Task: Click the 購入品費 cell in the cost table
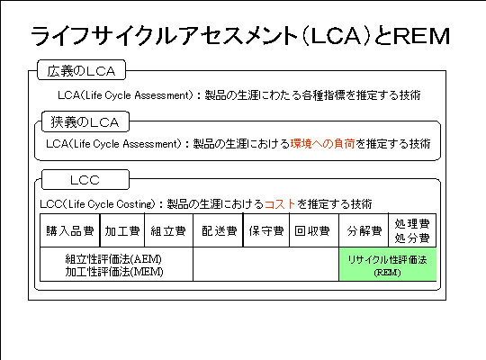click(69, 230)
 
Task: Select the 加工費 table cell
click(122, 230)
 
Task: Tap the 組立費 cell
click(168, 230)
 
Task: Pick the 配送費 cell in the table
click(218, 230)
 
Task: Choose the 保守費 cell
click(266, 230)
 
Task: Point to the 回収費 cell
click(314, 230)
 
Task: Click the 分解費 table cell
click(364, 230)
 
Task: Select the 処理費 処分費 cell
click(412, 230)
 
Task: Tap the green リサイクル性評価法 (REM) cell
click(387, 265)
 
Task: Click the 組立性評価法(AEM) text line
click(113, 258)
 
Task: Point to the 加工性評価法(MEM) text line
click(114, 272)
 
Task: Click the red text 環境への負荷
click(323, 144)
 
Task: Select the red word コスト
click(280, 204)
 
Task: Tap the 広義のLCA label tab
click(82, 70)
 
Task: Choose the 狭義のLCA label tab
click(85, 121)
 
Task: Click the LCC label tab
click(85, 179)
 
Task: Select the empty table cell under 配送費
click(265, 265)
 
